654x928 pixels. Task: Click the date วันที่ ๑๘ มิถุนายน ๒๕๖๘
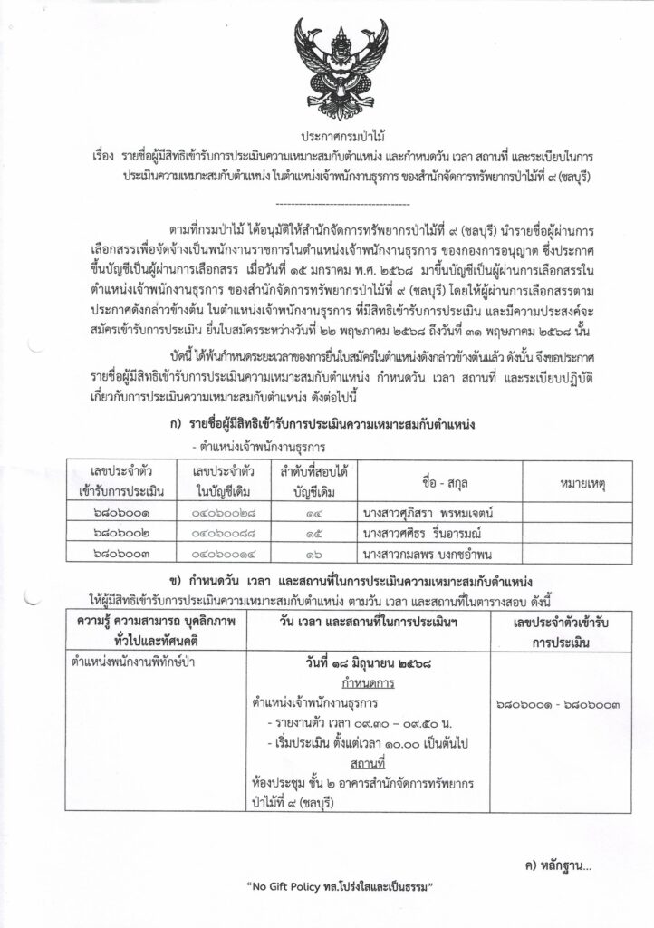[x=366, y=665]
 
